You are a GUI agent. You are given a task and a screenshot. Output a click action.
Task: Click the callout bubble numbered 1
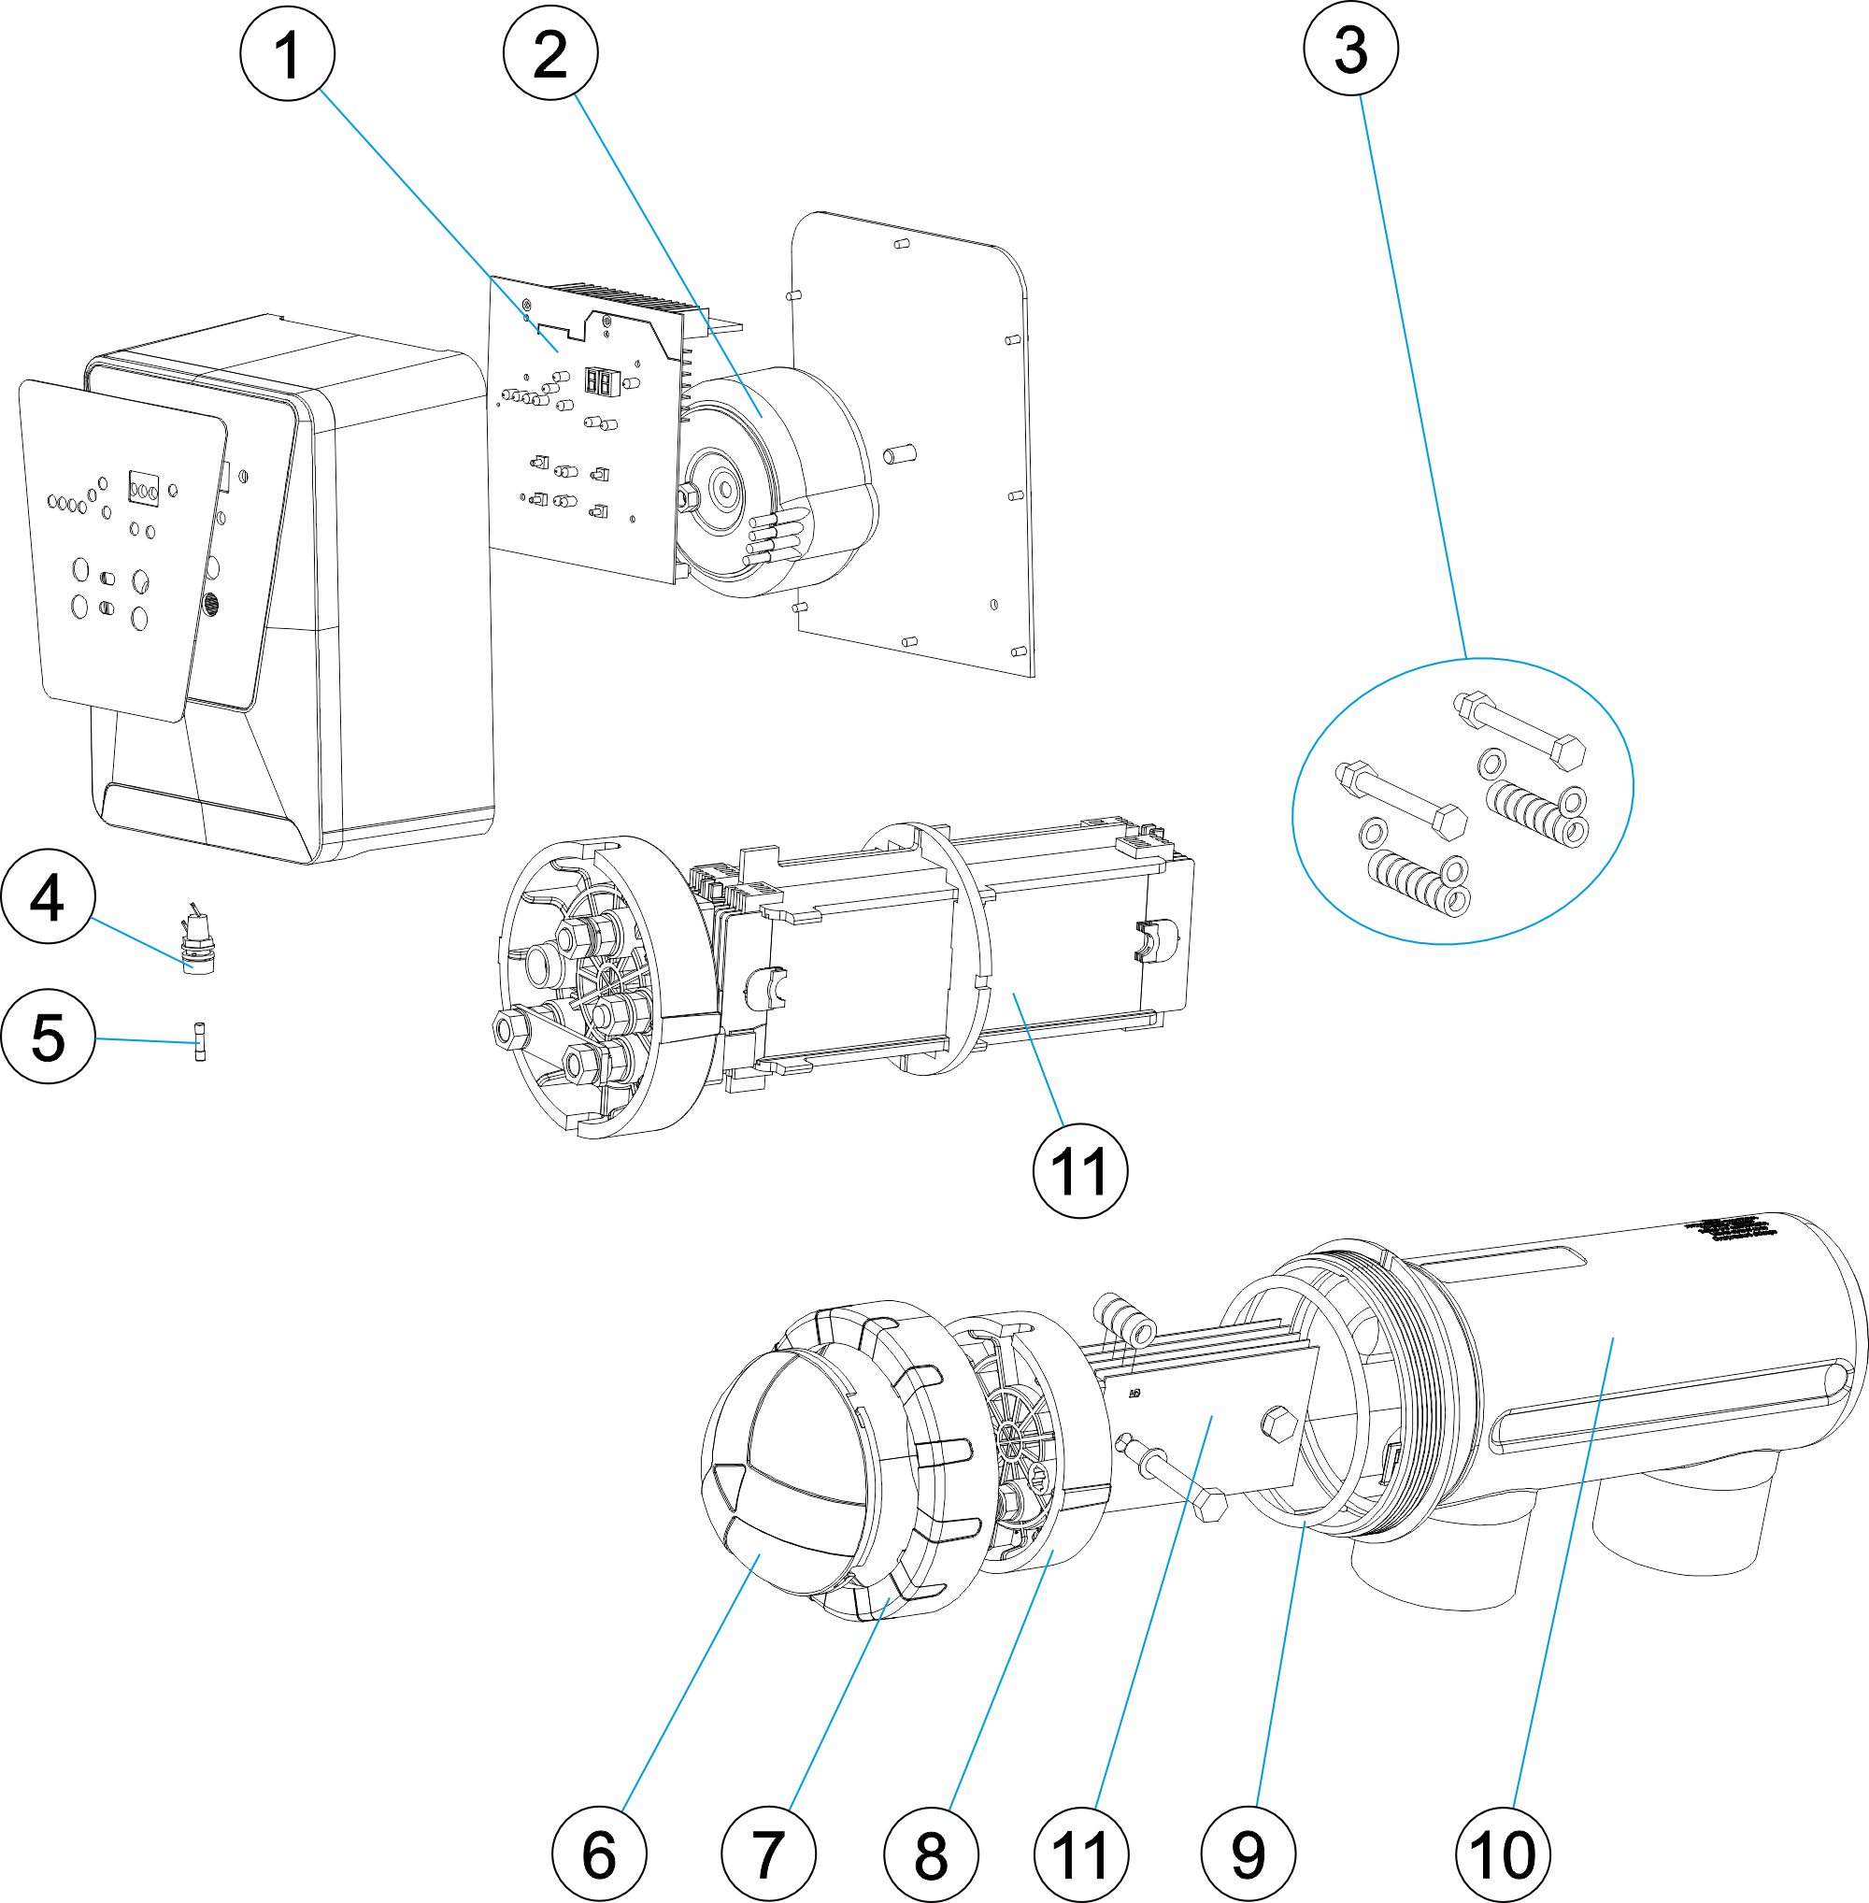point(288,53)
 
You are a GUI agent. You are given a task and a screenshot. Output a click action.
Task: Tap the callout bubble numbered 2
point(550,53)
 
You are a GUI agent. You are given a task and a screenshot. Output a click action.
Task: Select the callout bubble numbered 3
point(1350,50)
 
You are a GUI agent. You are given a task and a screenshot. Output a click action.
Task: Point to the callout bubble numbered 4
point(48,896)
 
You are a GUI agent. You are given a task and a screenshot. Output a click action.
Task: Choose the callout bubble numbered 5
point(48,1037)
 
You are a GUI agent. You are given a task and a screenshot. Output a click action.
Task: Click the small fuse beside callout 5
point(200,1041)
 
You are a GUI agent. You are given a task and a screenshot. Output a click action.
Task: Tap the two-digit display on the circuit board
point(598,381)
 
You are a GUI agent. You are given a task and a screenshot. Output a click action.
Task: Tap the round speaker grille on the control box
point(210,604)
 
